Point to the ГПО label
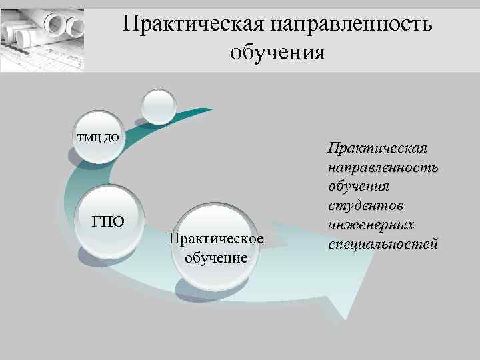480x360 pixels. [108, 221]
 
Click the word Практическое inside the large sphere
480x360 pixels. [217, 238]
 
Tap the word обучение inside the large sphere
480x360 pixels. [217, 257]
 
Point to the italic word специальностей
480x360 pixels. [383, 243]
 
